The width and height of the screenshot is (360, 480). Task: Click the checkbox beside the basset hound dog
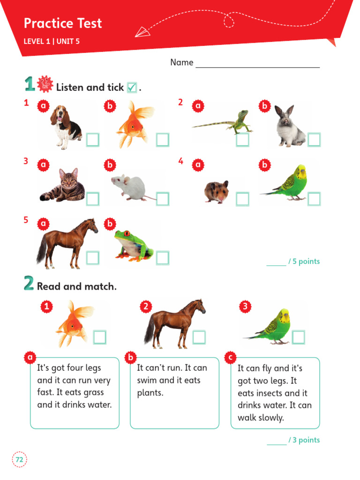(92, 140)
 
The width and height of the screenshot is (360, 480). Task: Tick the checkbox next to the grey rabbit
(314, 140)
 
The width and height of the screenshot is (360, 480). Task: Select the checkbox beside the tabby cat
(92, 199)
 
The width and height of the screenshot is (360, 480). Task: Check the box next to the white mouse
(162, 199)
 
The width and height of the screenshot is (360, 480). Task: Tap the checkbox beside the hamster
(242, 199)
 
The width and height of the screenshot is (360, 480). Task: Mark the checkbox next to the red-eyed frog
(162, 258)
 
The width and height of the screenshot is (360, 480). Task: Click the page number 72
(19, 460)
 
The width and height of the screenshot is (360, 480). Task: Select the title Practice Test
(63, 23)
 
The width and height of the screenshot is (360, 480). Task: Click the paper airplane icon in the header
(142, 32)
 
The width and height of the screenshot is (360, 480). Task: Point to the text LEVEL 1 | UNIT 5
(52, 41)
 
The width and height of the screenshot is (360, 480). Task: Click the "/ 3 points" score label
(304, 440)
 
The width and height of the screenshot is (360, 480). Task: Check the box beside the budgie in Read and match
(298, 337)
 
